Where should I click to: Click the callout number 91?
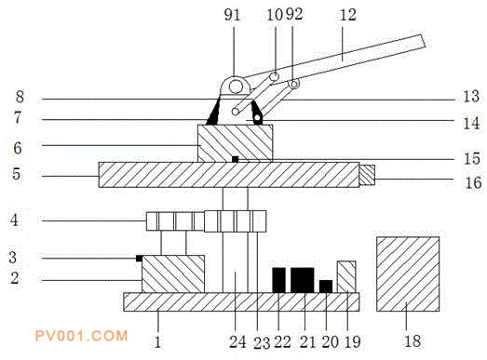click(232, 15)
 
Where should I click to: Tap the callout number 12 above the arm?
click(347, 15)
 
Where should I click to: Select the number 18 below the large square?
click(413, 340)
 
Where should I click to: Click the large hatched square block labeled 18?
click(408, 273)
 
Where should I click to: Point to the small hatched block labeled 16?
click(367, 175)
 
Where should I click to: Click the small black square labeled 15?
click(235, 159)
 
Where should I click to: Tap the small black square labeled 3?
click(139, 259)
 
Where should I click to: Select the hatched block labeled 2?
click(173, 273)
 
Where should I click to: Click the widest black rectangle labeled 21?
click(303, 280)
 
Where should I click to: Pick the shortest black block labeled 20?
click(326, 287)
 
